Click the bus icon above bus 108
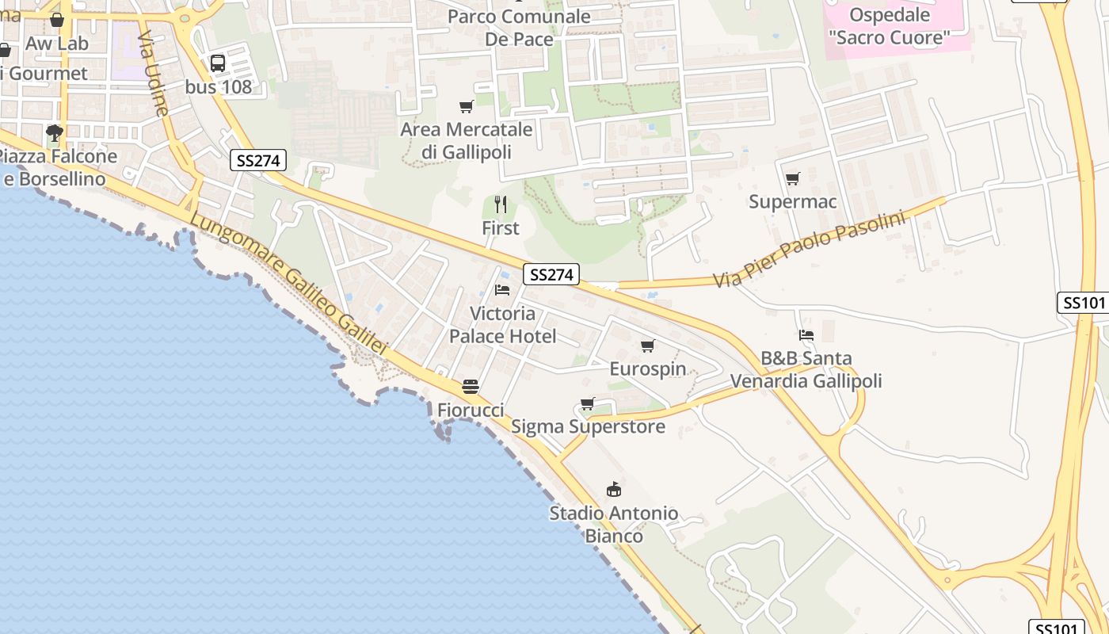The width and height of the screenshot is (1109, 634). click(x=218, y=63)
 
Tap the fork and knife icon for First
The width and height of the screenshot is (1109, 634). click(x=501, y=204)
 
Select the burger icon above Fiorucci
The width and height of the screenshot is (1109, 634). click(x=471, y=387)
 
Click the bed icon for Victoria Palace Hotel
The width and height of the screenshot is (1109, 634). click(x=502, y=289)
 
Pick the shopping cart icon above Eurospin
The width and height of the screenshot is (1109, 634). click(x=648, y=346)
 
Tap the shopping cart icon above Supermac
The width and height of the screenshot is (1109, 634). click(x=792, y=178)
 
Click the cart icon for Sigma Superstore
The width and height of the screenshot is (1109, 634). click(x=588, y=404)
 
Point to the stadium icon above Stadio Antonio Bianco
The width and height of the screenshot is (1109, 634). click(x=614, y=489)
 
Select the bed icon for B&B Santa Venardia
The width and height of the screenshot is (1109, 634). click(x=806, y=334)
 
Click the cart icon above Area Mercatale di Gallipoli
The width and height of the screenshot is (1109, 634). click(x=467, y=105)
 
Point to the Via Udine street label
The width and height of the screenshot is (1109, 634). click(x=153, y=73)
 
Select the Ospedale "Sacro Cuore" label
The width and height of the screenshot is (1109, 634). click(x=889, y=26)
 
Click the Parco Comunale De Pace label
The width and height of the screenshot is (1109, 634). click(x=519, y=28)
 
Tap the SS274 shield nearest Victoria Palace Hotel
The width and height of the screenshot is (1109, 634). click(x=551, y=275)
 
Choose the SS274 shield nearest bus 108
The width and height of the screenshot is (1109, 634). click(x=258, y=160)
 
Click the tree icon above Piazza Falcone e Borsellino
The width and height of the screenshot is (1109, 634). click(x=55, y=132)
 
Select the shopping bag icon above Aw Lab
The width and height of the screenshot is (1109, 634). click(x=57, y=20)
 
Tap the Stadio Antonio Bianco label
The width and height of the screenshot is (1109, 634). click(x=614, y=525)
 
